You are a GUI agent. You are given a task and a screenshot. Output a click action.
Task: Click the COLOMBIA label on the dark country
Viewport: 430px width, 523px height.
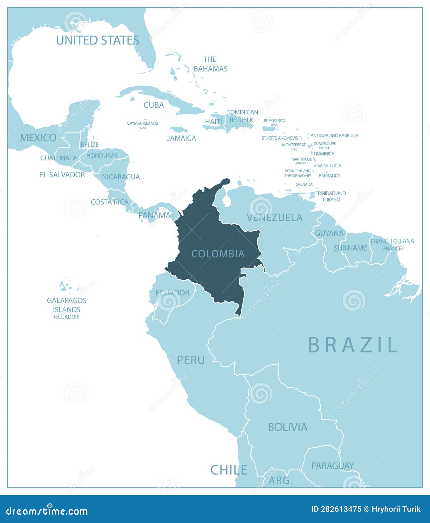(x=218, y=254)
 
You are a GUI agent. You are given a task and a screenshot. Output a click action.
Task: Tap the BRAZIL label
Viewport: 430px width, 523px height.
(x=353, y=345)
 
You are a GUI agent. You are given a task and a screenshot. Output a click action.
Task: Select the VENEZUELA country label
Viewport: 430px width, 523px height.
(x=274, y=218)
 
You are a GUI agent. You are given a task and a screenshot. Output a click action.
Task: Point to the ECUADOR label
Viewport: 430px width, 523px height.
(x=172, y=293)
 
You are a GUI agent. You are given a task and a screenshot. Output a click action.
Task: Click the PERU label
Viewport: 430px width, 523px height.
(x=191, y=360)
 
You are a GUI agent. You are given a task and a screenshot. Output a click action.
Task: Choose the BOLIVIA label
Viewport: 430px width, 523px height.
(x=288, y=427)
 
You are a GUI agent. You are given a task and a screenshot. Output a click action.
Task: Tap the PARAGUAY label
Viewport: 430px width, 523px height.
(x=332, y=466)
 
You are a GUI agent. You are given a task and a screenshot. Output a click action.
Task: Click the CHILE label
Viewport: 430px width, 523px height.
(x=229, y=470)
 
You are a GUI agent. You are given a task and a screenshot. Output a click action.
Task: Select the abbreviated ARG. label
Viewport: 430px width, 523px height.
(x=280, y=480)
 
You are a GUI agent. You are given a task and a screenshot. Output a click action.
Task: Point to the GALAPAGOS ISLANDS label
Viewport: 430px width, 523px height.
(x=66, y=305)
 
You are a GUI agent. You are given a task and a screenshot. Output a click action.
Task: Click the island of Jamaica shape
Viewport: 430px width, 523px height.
(x=179, y=129)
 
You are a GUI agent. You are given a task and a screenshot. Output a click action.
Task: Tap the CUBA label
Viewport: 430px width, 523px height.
(x=154, y=105)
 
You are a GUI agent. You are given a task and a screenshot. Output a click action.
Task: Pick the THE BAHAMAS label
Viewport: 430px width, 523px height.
(x=210, y=64)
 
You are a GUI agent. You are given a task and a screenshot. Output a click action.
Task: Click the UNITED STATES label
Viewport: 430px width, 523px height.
(x=98, y=40)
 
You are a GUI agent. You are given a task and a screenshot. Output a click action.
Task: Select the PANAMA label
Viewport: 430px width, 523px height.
(x=154, y=215)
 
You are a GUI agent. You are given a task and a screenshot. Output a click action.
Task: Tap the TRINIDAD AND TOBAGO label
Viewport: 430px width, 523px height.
(x=331, y=196)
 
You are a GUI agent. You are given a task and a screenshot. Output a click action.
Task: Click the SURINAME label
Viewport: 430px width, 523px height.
(x=350, y=248)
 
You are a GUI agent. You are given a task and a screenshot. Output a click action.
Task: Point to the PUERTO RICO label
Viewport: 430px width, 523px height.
(x=274, y=121)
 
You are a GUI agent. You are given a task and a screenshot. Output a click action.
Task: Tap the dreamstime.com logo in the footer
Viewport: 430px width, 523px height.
(x=47, y=511)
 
